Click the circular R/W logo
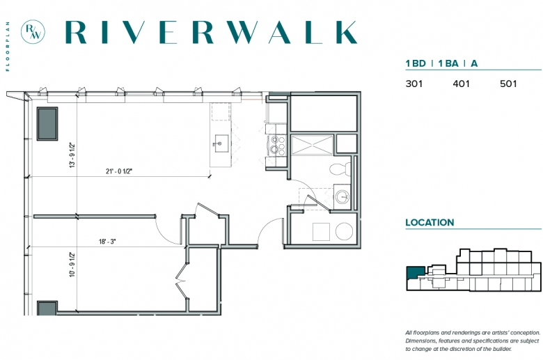pos(33,32)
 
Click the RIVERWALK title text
pos(211,32)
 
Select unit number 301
pos(414,84)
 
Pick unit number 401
pos(462,84)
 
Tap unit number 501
pos(508,84)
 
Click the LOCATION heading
pos(430,222)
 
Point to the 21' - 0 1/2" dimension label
pos(119,171)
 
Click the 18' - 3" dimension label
pos(107,241)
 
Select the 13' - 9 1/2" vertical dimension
pos(72,155)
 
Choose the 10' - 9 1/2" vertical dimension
pos(72,265)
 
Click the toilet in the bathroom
pos(340,169)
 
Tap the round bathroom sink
pos(343,197)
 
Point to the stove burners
pos(278,145)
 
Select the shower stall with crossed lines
pos(312,144)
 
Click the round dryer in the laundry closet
pos(344,231)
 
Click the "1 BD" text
pos(416,63)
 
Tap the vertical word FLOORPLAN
pos(8,47)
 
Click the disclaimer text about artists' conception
pos(473,341)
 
